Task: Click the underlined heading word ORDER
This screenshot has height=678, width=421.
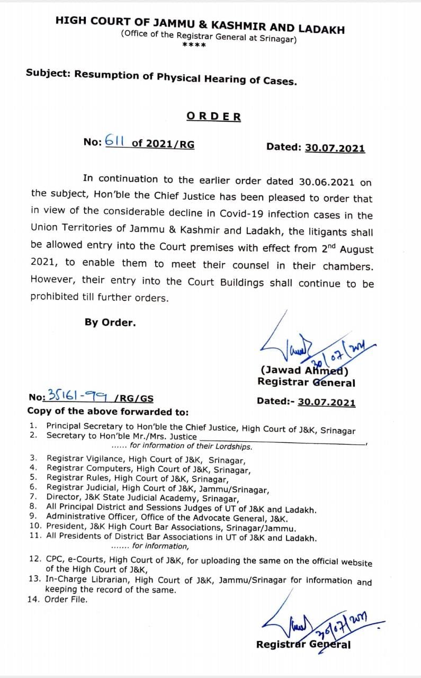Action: point(213,117)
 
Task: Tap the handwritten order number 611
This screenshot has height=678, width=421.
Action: point(114,141)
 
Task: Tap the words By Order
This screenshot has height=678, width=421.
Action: point(110,322)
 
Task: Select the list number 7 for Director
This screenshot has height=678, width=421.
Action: point(33,497)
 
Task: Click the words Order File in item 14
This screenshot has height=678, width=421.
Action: point(67,600)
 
